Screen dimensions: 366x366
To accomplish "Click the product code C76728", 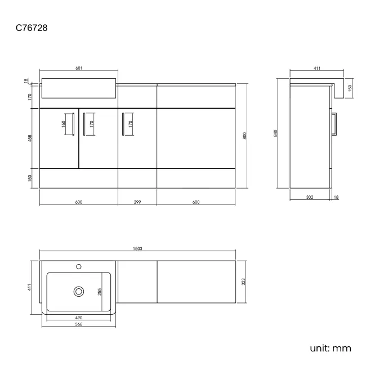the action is tap(32, 28).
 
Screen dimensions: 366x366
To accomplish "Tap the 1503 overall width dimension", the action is tap(137, 248).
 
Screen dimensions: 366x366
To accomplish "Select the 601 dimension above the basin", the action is tap(79, 68).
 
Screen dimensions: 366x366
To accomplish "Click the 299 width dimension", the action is tap(137, 202).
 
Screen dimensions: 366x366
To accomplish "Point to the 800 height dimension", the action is tap(244, 136).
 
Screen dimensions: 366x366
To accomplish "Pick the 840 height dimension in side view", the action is tap(275, 133).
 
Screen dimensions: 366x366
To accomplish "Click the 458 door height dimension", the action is tap(30, 138).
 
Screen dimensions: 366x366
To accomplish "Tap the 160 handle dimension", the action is tap(64, 124).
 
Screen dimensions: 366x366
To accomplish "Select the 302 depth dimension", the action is tap(310, 197).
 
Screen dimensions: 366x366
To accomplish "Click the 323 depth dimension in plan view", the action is tap(243, 282).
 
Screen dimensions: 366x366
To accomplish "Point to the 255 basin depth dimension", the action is tap(100, 292).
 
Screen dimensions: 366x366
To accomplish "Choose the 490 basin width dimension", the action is tap(79, 318).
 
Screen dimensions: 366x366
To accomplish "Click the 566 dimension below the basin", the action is tap(79, 324).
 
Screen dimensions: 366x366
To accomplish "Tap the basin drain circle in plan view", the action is tap(79, 292).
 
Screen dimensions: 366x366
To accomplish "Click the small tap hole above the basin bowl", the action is tap(79, 266).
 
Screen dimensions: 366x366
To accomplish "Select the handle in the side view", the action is tap(334, 124).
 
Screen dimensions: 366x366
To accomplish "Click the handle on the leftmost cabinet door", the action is tap(73, 124).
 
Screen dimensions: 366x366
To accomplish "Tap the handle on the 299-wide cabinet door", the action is tap(123, 124).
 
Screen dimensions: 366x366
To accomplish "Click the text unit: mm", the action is tap(331, 349).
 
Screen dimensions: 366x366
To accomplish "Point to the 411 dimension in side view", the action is tap(317, 68).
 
